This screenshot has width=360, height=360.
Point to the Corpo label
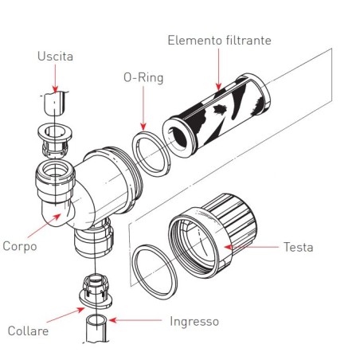[x=19, y=247]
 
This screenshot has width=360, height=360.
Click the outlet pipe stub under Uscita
[x=54, y=104]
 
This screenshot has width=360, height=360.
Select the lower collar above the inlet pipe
[x=95, y=290]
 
